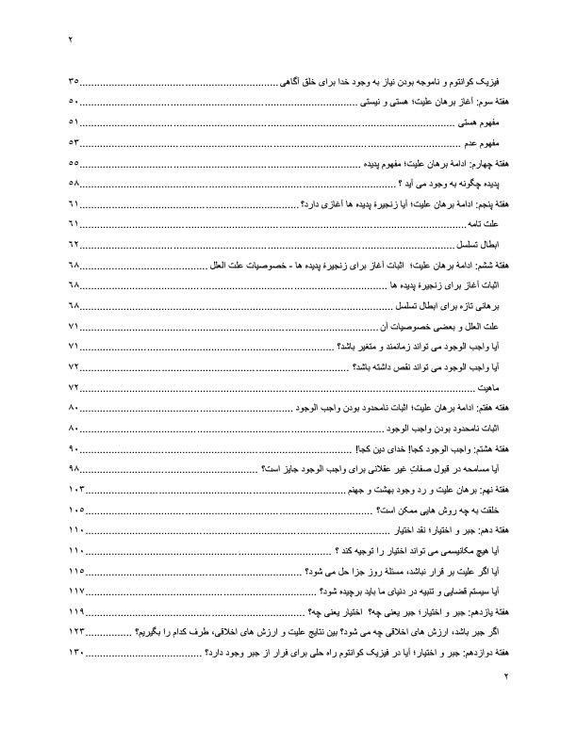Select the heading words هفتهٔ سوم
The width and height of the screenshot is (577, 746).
click(x=492, y=103)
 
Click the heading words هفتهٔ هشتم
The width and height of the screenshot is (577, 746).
click(x=491, y=448)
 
